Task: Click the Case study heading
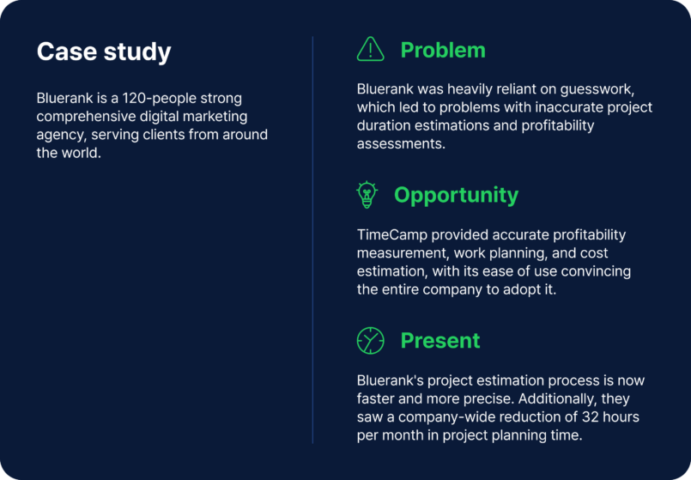[104, 52]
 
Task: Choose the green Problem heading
[443, 51]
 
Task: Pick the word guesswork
[597, 89]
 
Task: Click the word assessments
[401, 143]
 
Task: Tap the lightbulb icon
[367, 195]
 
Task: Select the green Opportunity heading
[456, 195]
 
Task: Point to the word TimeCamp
[391, 235]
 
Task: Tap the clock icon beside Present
[370, 341]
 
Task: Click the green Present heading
[440, 341]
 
